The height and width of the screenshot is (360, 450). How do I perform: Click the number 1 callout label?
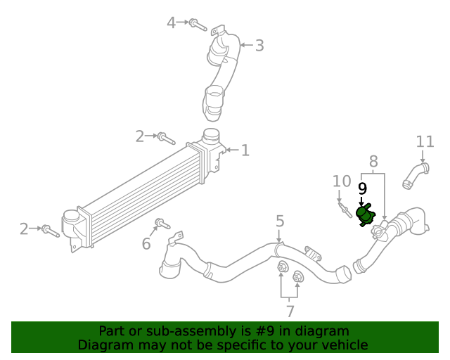point(245,150)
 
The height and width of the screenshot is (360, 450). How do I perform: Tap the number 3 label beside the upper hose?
point(259,46)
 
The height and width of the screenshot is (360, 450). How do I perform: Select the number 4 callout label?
point(171,23)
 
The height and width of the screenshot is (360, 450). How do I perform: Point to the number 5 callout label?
point(280,222)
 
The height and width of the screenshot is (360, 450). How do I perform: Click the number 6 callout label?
point(146,244)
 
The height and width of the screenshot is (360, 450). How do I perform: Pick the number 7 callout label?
point(290,311)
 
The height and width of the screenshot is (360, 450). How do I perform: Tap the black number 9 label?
point(363,188)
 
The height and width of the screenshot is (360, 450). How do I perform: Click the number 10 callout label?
point(342,181)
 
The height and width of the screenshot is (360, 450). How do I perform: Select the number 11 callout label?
point(425,142)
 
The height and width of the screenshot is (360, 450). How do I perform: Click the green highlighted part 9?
point(366,214)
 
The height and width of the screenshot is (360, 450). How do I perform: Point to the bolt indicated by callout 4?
point(198,25)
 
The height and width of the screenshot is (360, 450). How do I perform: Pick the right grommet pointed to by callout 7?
point(297,277)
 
